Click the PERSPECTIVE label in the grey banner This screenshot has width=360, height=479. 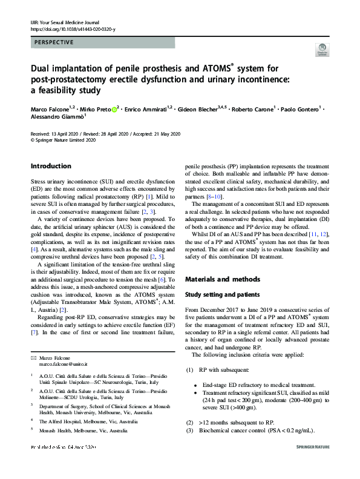(x=54, y=43)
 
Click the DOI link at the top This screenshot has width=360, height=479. (x=72, y=29)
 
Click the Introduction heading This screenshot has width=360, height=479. (x=51, y=166)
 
